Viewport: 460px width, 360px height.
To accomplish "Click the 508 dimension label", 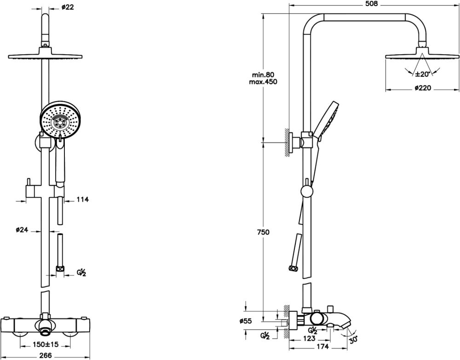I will click(x=371, y=4).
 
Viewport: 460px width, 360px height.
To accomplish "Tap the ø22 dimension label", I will click(x=67, y=7).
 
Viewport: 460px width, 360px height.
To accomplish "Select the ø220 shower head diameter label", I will click(x=422, y=88).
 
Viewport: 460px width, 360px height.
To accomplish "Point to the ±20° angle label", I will click(x=422, y=74).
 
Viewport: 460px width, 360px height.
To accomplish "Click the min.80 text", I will click(x=263, y=75).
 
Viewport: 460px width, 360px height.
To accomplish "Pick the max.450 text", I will click(x=263, y=82).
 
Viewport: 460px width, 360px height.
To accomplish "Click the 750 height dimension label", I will click(x=263, y=233).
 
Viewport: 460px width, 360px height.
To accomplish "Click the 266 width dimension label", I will click(x=45, y=355).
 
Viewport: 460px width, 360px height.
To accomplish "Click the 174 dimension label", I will click(x=323, y=347).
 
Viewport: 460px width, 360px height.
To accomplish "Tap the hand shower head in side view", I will click(x=328, y=119).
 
